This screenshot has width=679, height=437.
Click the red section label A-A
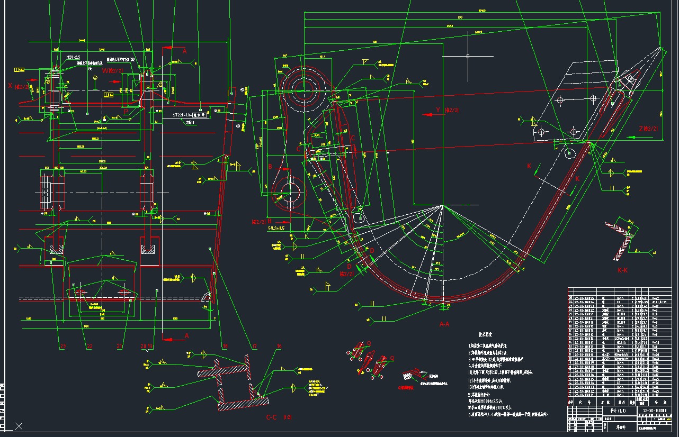point(444,324)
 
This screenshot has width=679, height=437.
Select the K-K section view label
point(622,270)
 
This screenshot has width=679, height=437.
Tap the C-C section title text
point(272,417)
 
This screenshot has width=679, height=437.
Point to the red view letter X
point(10,85)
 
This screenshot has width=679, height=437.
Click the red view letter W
point(105,70)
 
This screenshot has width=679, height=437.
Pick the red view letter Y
point(438,110)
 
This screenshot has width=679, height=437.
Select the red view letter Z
point(641,129)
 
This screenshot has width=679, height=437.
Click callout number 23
point(63,347)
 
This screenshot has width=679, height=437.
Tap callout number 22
point(90,347)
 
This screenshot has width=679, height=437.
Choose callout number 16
point(279,347)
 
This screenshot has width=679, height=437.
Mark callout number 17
point(254,347)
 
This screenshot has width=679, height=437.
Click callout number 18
point(225,347)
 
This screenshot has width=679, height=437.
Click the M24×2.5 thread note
point(73,57)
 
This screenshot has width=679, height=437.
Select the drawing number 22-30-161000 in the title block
point(655,411)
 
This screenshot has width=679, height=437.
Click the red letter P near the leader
point(126,112)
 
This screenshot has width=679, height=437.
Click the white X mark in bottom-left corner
point(19,425)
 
